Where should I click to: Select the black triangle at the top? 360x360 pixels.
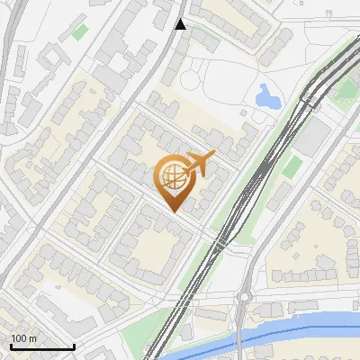click(x=181, y=24)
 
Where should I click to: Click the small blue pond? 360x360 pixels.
click(x=265, y=95)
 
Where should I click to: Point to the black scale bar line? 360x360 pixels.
click(x=41, y=347)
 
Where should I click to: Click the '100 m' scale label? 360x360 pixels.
click(x=24, y=338)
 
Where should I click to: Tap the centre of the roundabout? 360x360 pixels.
click(x=244, y=298)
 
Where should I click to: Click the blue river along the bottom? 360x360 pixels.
click(x=297, y=326)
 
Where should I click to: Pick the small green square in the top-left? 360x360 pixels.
click(x=81, y=32)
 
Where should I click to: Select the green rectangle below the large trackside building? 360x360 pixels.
click(x=291, y=166)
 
